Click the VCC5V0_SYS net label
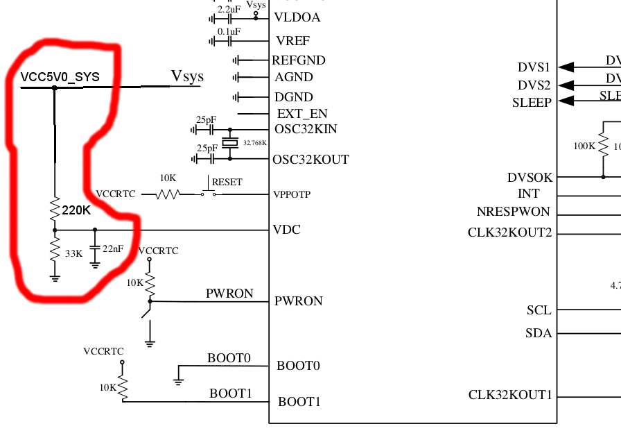click(60, 77)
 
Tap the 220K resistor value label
click(77, 210)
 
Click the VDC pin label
click(287, 230)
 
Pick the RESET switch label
click(227, 182)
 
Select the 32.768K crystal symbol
click(230, 143)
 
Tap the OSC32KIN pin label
click(306, 129)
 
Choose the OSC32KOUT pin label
click(310, 160)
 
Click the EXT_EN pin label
click(302, 113)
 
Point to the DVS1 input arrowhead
click(566, 67)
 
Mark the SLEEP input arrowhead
click(566, 101)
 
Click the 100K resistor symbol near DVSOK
click(603, 146)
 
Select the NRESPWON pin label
click(513, 212)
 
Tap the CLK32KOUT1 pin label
click(510, 396)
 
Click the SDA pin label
click(539, 334)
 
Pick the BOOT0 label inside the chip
click(298, 366)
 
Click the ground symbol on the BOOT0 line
click(179, 380)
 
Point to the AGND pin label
click(294, 77)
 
